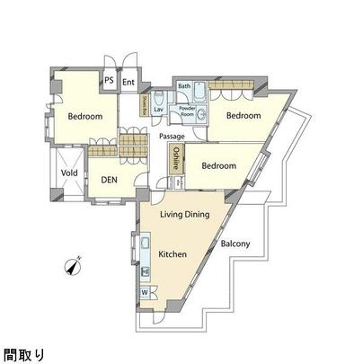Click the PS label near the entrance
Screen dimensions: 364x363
[x=109, y=81]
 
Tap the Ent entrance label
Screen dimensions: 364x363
[x=128, y=83]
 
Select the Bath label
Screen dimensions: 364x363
[x=183, y=86]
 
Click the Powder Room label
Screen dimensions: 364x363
[x=187, y=111]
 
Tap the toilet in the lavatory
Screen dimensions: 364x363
[x=158, y=97]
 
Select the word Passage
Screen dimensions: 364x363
[x=173, y=136]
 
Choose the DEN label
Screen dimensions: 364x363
[x=110, y=180]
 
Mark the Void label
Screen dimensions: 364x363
[x=68, y=173]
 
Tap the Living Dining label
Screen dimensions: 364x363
[x=185, y=214]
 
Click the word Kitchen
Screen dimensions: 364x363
[x=173, y=254]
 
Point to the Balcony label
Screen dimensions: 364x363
[x=235, y=244]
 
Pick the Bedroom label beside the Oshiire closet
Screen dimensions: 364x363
[x=218, y=166]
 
